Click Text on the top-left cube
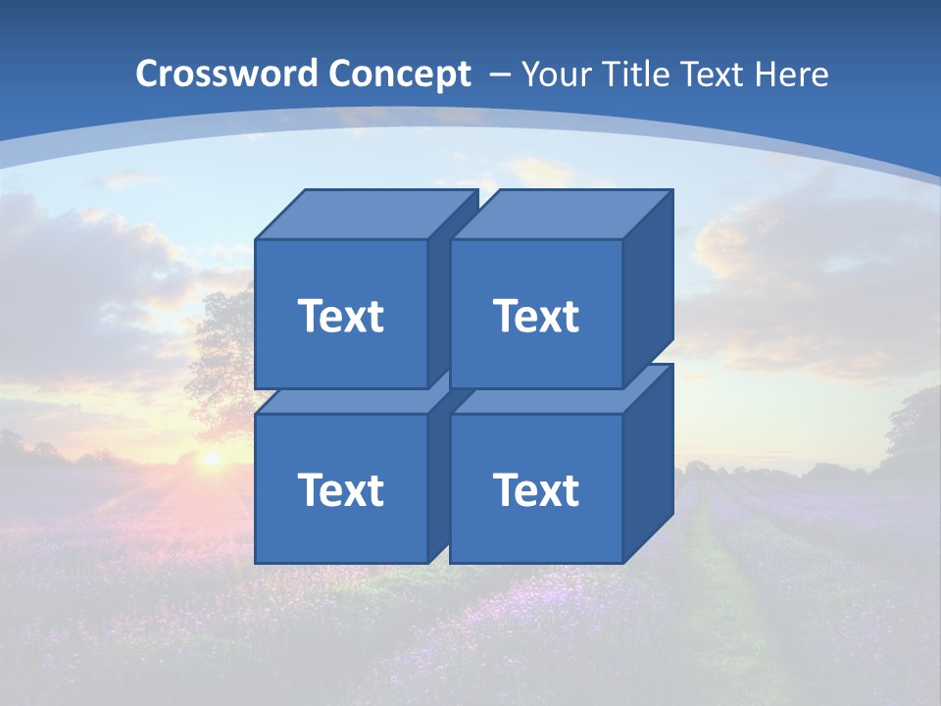(x=340, y=316)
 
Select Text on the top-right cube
(x=535, y=316)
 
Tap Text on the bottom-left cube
(x=340, y=489)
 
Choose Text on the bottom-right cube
(x=535, y=489)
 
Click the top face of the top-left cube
(x=365, y=214)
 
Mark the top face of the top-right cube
(x=561, y=214)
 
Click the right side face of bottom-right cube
(x=648, y=461)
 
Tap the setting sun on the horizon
(x=210, y=457)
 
